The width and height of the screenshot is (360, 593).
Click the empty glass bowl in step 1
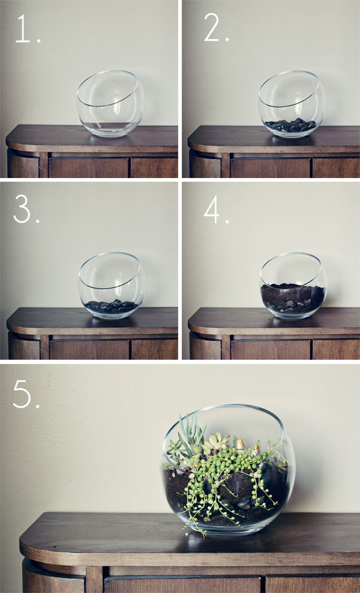click(x=110, y=103)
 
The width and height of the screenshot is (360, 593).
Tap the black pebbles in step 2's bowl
click(x=291, y=125)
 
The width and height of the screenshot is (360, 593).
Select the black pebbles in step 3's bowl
click(x=110, y=306)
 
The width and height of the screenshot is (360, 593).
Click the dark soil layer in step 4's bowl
click(x=293, y=297)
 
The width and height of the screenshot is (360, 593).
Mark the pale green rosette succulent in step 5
click(x=217, y=443)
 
